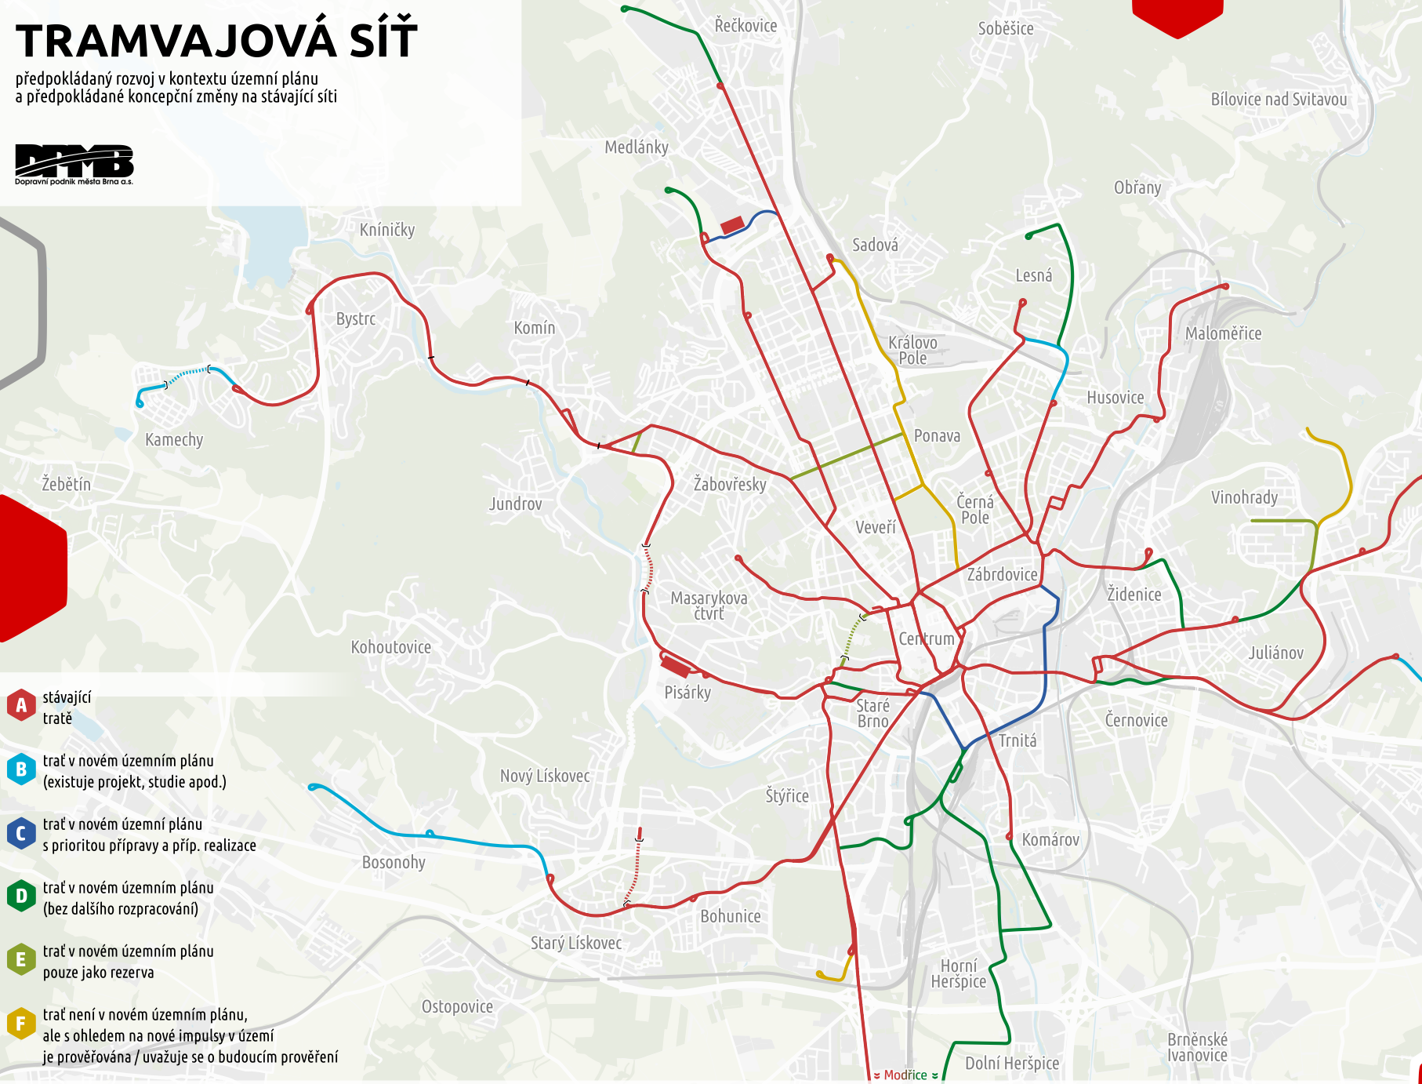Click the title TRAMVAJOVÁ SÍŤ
[216, 41]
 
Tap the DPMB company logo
[74, 162]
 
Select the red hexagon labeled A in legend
[21, 705]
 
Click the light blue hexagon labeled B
[21, 769]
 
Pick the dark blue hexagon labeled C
[21, 833]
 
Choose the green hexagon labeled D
[21, 897]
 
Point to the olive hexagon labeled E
[21, 960]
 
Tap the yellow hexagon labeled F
[21, 1024]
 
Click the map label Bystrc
[355, 319]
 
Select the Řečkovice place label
[745, 26]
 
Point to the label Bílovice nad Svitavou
[1279, 100]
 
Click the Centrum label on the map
[927, 638]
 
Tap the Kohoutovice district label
[390, 647]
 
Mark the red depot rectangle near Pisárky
[675, 667]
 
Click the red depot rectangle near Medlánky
[732, 225]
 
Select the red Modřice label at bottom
[905, 1075]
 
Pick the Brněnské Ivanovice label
[1197, 1047]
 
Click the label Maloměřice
[1223, 333]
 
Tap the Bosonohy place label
[394, 862]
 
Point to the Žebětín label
[67, 484]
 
